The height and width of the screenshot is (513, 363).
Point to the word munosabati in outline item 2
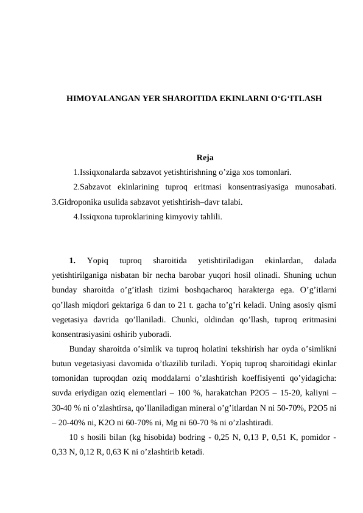click(317, 187)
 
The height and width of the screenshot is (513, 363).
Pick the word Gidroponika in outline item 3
click(79, 202)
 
